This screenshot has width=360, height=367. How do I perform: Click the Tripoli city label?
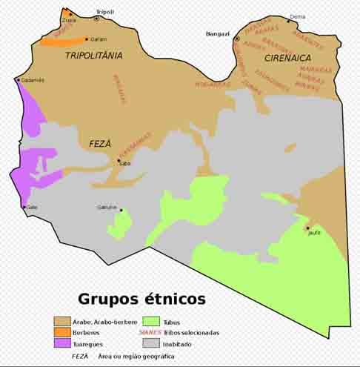(x=105, y=12)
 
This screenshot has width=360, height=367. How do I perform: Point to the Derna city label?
(x=297, y=16)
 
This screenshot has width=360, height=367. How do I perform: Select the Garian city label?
(x=99, y=39)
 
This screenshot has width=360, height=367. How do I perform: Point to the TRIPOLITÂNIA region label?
(x=93, y=56)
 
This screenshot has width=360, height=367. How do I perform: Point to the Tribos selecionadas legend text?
(x=194, y=332)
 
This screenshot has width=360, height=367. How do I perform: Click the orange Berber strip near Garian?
(x=63, y=42)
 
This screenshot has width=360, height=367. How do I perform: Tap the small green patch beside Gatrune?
(x=120, y=222)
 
